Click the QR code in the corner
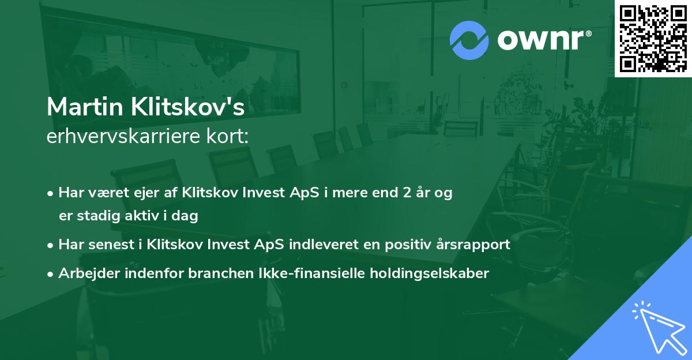click(653, 38)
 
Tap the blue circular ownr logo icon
click(469, 40)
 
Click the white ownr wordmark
click(540, 40)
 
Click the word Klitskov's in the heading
click(188, 107)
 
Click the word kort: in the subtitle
click(227, 136)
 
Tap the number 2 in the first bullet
click(407, 193)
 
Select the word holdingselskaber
click(430, 273)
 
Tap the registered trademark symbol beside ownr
click(588, 33)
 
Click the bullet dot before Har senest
click(50, 246)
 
